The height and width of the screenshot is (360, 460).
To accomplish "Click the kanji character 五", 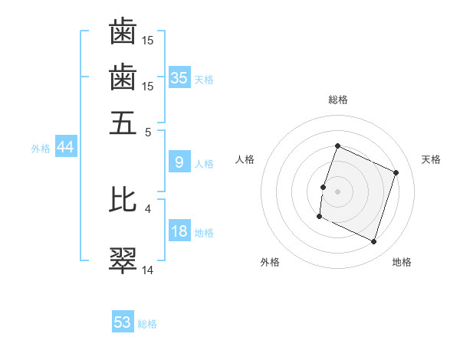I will pyautogui.click(x=123, y=123).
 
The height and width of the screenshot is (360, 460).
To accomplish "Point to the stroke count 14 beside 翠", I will pyautogui.click(x=148, y=270).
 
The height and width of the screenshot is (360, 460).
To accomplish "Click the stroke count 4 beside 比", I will pyautogui.click(x=148, y=208).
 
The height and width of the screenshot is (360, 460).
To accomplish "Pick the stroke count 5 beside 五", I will pyautogui.click(x=148, y=132).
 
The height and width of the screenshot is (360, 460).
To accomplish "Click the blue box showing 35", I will pyautogui.click(x=179, y=78).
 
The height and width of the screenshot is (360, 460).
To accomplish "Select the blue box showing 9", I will pyautogui.click(x=179, y=162).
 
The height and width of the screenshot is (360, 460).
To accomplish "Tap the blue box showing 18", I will pyautogui.click(x=179, y=231).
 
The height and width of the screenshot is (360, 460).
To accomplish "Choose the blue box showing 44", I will pyautogui.click(x=66, y=148).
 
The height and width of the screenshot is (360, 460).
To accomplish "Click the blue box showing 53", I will pyautogui.click(x=123, y=322).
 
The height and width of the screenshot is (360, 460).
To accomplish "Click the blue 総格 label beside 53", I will pyautogui.click(x=147, y=324).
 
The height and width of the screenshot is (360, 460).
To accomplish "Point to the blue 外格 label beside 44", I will pyautogui.click(x=41, y=149).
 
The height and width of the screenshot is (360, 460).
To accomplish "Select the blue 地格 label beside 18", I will pyautogui.click(x=204, y=232).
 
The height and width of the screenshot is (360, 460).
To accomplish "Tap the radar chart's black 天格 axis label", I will pyautogui.click(x=431, y=159).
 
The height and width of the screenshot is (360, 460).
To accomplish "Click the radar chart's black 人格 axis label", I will pyautogui.click(x=245, y=159).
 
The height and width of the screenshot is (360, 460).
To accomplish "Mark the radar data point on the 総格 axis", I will pyautogui.click(x=337, y=146).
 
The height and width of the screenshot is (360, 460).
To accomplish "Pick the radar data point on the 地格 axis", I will pyautogui.click(x=373, y=242).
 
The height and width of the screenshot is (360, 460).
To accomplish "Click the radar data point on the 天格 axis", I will pyautogui.click(x=396, y=172).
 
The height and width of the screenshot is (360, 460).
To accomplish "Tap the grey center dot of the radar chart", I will pyautogui.click(x=337, y=191).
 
